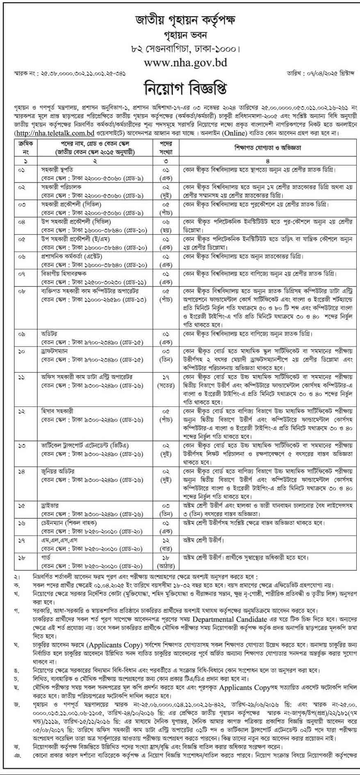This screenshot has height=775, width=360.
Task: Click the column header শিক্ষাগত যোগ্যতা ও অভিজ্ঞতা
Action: click(x=267, y=148)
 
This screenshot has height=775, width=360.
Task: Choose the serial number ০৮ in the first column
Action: click(x=22, y=290)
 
